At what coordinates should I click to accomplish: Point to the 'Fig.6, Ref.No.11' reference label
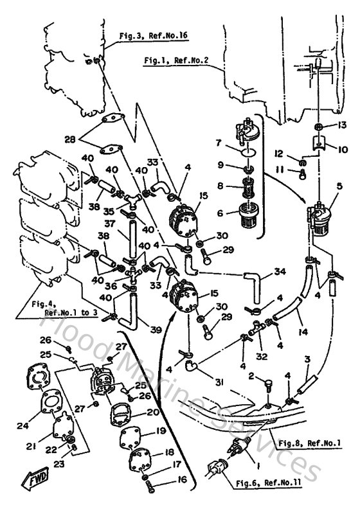click(x=286, y=481)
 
